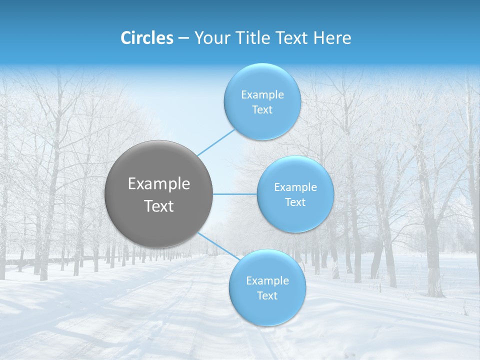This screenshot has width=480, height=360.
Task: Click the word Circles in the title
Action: pos(146,38)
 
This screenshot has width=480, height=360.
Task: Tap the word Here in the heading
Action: pos(331,38)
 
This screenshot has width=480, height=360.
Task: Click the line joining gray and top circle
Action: pos(216,142)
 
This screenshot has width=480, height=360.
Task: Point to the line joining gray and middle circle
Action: pos(235,194)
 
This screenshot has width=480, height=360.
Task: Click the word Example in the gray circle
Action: pos(159,184)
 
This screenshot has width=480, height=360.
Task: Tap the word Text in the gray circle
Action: pos(159,206)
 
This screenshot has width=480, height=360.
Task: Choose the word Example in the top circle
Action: pos(262,95)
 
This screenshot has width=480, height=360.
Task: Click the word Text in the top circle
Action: pos(262,110)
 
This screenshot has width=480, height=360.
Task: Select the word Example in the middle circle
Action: pos(295,187)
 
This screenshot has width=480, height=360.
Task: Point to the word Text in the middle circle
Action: pos(295,202)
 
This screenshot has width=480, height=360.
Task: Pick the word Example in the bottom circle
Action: pos(267,281)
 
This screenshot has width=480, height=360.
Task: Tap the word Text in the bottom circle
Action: pos(267,296)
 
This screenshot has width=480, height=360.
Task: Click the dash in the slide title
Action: pos(183,38)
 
